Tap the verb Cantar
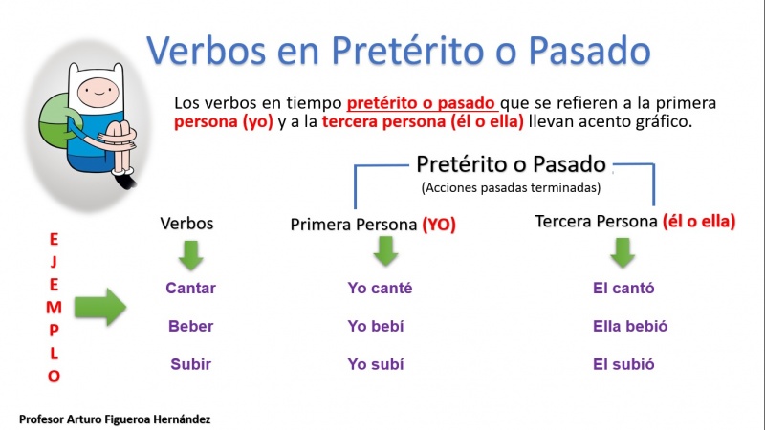click(190, 289)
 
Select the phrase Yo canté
click(380, 289)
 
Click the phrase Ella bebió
click(630, 326)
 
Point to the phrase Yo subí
click(376, 364)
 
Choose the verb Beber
click(190, 326)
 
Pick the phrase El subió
click(623, 364)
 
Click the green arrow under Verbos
click(190, 255)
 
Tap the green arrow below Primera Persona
click(385, 251)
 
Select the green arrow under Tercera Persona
click(623, 252)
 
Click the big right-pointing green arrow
click(100, 307)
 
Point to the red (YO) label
click(439, 225)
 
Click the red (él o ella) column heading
click(699, 222)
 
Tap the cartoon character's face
click(98, 93)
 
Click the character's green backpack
click(55, 123)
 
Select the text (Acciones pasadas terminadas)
click(511, 187)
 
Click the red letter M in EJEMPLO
click(55, 308)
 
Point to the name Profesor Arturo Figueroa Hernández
click(115, 419)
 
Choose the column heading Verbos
click(186, 224)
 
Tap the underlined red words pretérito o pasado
click(421, 103)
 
